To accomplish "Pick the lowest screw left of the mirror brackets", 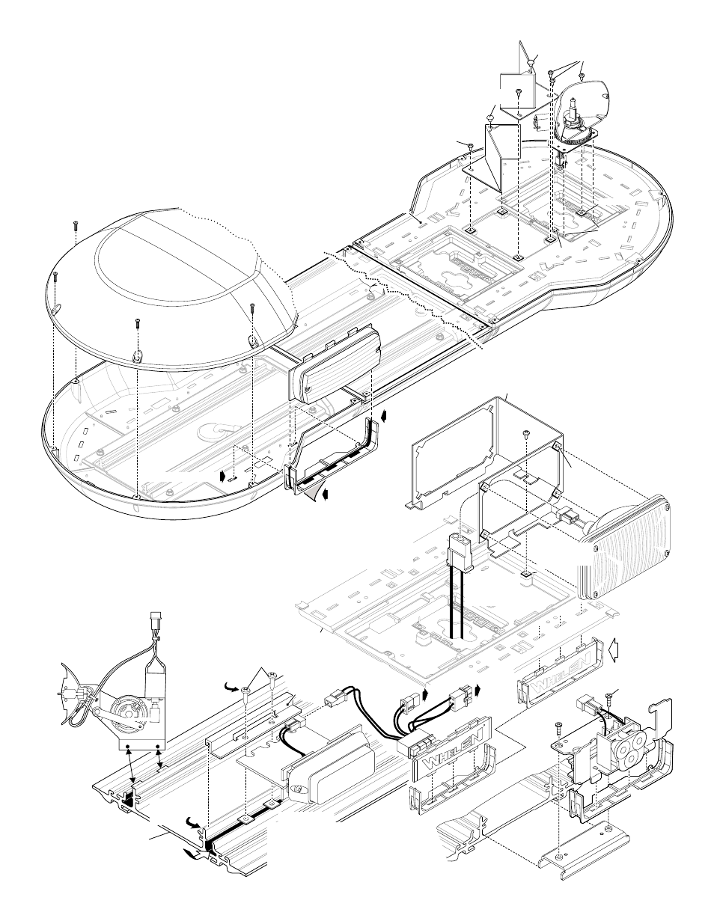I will click(x=469, y=146).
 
